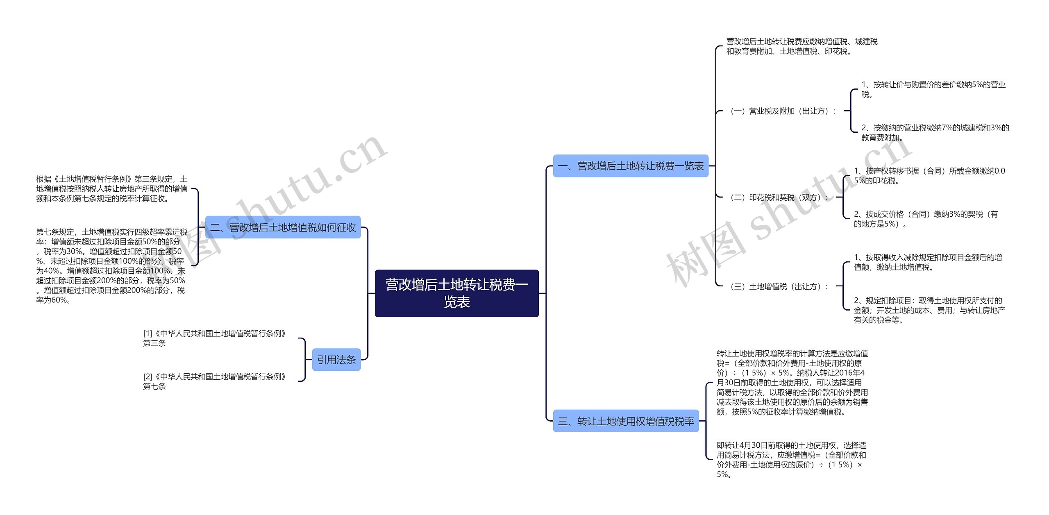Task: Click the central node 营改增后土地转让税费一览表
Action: pos(456,293)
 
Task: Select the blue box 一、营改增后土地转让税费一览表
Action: pos(630,166)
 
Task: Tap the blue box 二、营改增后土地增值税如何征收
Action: pos(283,227)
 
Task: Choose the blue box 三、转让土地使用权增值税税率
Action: pos(626,421)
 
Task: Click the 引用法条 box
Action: pos(336,360)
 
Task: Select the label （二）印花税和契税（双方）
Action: pos(779,197)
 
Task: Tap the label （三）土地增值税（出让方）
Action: pos(779,286)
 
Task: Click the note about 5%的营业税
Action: pos(933,89)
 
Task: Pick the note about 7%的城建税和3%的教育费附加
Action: pos(935,132)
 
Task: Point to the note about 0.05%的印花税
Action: pos(929,176)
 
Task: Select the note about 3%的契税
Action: pos(926,219)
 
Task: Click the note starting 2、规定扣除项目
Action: pos(929,310)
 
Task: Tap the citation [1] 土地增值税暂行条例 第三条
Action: pos(214,338)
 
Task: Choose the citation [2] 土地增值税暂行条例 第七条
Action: pos(214,381)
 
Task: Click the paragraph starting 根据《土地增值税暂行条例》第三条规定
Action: pos(111,189)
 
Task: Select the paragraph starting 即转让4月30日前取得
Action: pos(791,460)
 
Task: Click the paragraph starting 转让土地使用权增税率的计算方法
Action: pos(792,382)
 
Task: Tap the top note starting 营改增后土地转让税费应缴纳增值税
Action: pos(802,46)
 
